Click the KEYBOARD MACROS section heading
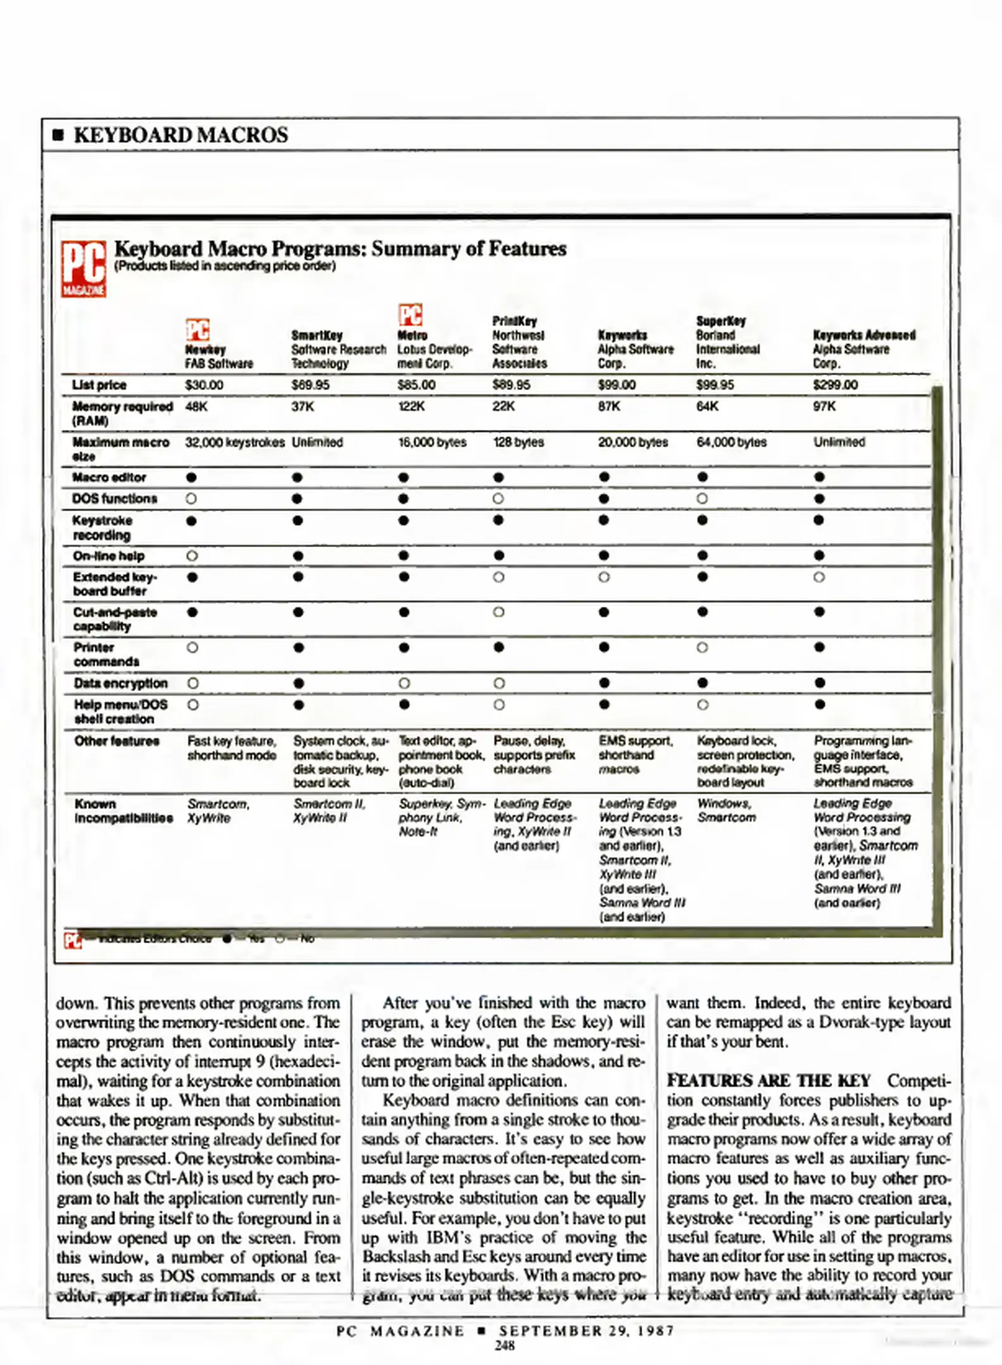180,135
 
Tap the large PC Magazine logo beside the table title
83,269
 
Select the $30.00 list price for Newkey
204,385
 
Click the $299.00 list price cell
835,385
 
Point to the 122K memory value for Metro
411,406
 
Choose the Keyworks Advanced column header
864,349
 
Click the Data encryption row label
120,683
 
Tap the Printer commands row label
106,655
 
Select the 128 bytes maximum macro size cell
518,442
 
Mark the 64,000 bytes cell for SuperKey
731,442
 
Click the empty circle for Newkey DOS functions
191,499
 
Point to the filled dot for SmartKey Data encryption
299,683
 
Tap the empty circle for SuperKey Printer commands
702,648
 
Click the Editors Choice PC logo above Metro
410,314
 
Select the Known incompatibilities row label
123,811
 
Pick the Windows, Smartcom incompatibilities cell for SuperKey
726,810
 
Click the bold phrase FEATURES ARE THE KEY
769,1081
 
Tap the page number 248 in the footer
504,1345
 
